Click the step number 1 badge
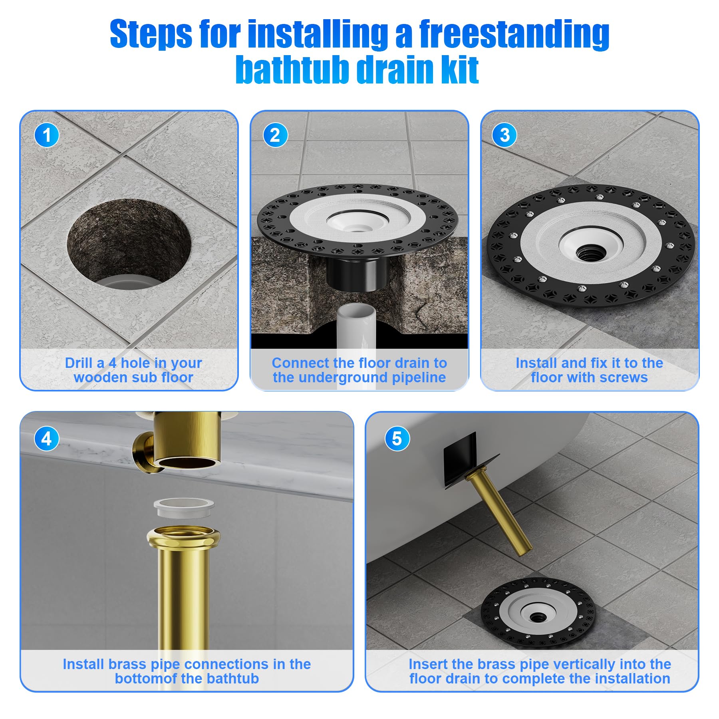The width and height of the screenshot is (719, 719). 47,135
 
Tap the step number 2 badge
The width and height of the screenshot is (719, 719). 275,135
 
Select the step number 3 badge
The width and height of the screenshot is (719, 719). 504,135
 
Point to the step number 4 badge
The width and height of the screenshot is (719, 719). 47,439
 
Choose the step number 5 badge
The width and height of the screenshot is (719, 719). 397,439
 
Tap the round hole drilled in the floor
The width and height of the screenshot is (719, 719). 129,242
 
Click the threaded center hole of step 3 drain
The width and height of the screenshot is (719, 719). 588,252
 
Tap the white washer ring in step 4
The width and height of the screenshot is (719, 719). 184,507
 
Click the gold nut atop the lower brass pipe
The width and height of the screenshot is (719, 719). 183,537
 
